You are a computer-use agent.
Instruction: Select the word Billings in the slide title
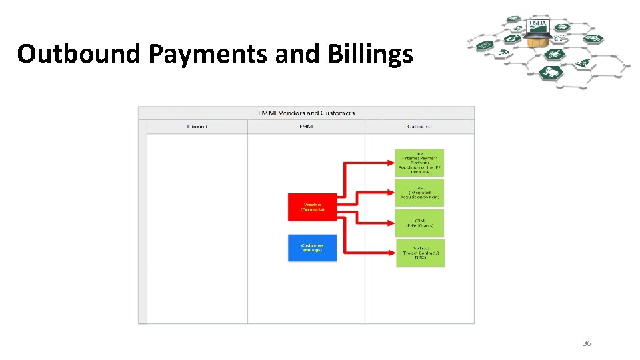click(370, 54)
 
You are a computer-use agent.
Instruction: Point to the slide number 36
click(587, 343)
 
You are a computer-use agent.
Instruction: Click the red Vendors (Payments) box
click(312, 207)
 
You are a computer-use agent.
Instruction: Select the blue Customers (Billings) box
click(312, 248)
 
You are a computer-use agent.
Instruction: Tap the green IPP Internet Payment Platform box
click(419, 162)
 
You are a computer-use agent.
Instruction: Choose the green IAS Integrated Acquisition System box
click(419, 193)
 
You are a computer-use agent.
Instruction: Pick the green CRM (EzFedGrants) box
click(419, 223)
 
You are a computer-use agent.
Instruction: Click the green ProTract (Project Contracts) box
click(419, 253)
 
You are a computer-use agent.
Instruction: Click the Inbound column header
click(197, 126)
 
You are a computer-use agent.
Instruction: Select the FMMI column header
click(306, 126)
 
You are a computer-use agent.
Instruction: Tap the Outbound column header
click(419, 126)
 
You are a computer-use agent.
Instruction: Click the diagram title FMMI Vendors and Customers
click(306, 113)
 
